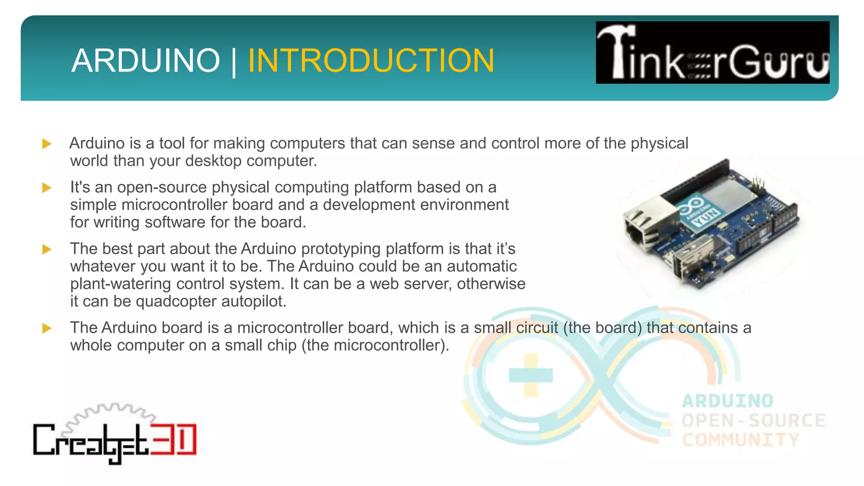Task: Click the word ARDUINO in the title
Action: pyautogui.click(x=146, y=61)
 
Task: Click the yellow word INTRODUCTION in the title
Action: pyautogui.click(x=370, y=61)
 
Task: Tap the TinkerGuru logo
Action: pyautogui.click(x=712, y=52)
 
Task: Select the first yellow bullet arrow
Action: pyautogui.click(x=47, y=144)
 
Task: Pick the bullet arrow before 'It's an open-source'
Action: pyautogui.click(x=47, y=188)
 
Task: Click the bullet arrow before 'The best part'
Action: pyautogui.click(x=47, y=249)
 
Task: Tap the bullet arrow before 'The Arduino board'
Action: pyautogui.click(x=47, y=328)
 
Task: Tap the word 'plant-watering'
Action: pyautogui.click(x=121, y=284)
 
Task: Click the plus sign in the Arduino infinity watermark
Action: pyautogui.click(x=530, y=375)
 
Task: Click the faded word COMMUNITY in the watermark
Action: pyautogui.click(x=740, y=440)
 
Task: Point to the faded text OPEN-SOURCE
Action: pyautogui.click(x=753, y=421)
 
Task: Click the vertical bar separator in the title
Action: pyautogui.click(x=234, y=62)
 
